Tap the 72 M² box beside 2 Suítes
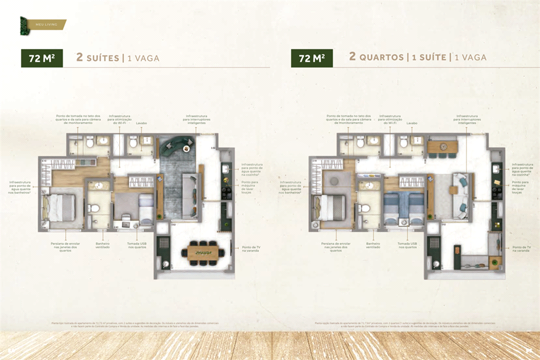click(42, 58)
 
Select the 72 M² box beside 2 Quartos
click(312, 58)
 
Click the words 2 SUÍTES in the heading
click(98, 58)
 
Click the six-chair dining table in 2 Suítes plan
click(202, 252)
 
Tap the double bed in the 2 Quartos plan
click(329, 207)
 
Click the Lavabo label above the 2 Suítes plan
click(141, 123)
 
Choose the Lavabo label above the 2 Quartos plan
click(411, 123)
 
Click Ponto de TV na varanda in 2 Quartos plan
click(521, 249)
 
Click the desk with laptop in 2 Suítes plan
click(127, 221)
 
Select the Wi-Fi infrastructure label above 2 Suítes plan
click(120, 119)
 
